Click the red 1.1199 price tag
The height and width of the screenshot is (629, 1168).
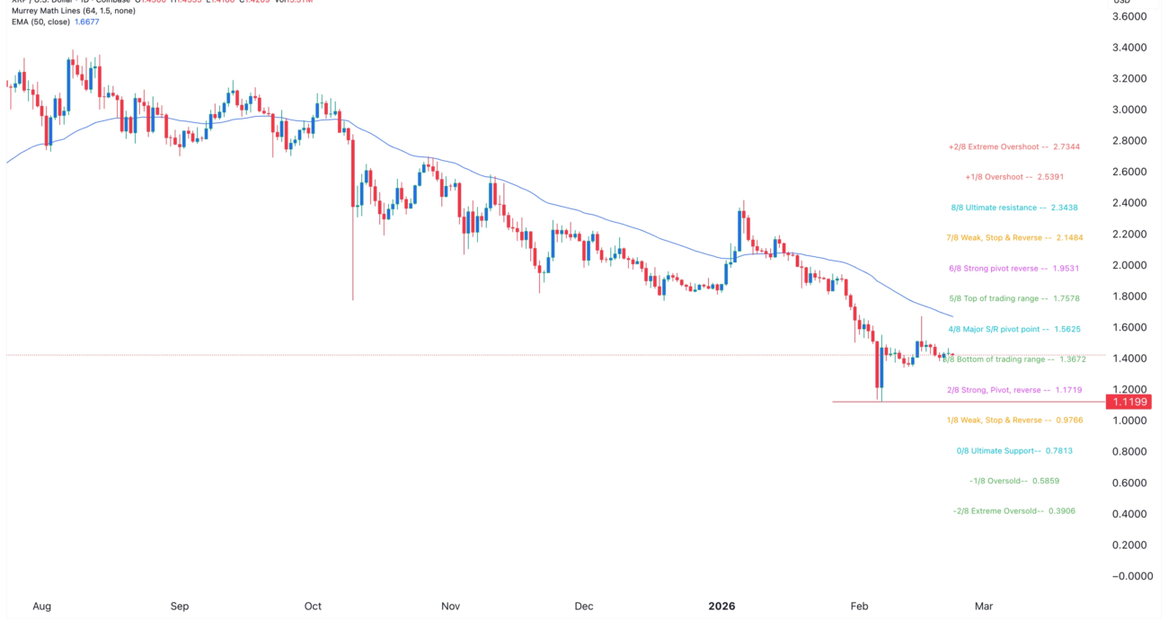tap(1128, 402)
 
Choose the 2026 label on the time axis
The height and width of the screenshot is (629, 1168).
tap(721, 606)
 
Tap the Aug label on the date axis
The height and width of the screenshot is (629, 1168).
tap(41, 606)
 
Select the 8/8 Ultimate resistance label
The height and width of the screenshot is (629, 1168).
tap(1013, 208)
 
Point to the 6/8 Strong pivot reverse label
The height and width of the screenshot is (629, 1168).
tap(1013, 269)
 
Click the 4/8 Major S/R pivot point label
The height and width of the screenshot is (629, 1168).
tap(1013, 329)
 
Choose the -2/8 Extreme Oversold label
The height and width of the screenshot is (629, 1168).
tap(1013, 511)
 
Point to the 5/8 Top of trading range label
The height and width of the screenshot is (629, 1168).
tap(1013, 298)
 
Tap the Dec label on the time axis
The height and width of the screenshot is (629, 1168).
tap(584, 606)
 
